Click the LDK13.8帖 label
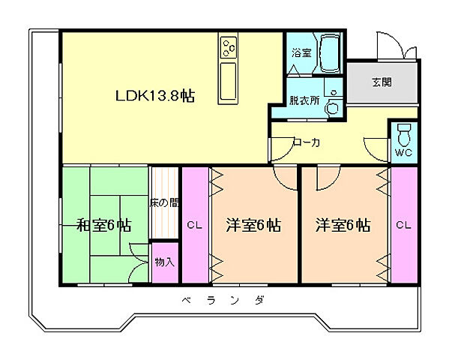155,96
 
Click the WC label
403,154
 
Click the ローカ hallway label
307,142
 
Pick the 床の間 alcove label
164,202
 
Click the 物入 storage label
164,262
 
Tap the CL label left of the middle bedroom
193,225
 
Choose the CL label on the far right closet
403,225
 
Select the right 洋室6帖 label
343,225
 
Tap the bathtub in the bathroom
329,52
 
